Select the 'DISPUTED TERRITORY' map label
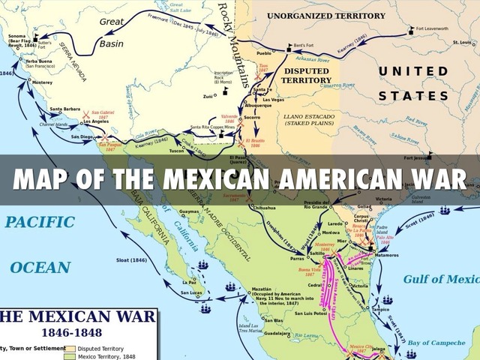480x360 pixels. (x=306, y=75)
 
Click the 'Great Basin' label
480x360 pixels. (x=112, y=34)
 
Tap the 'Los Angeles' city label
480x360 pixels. (x=96, y=121)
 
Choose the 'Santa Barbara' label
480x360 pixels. (x=65, y=109)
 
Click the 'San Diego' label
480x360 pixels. (x=82, y=137)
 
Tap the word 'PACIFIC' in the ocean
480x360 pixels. (x=40, y=222)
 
